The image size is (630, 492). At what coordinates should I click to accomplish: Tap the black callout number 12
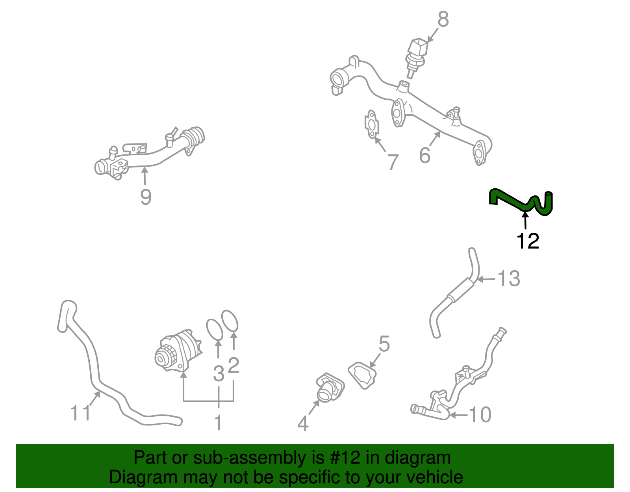pyautogui.click(x=528, y=241)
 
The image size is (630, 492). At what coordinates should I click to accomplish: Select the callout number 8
pyautogui.click(x=443, y=19)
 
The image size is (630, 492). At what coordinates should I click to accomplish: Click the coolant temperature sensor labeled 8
pyautogui.click(x=416, y=57)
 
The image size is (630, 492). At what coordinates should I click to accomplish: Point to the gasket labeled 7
pyautogui.click(x=372, y=124)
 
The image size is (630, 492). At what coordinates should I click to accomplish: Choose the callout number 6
pyautogui.click(x=425, y=155)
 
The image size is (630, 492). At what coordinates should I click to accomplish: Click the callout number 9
pyautogui.click(x=146, y=197)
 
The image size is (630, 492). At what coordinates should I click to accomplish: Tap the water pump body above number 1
pyautogui.click(x=178, y=351)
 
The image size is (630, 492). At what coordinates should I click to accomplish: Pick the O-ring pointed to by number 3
pyautogui.click(x=215, y=330)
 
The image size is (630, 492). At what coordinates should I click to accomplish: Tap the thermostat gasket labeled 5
pyautogui.click(x=362, y=375)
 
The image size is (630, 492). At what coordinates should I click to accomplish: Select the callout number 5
pyautogui.click(x=384, y=344)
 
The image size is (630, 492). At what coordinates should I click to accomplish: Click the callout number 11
pyautogui.click(x=80, y=412)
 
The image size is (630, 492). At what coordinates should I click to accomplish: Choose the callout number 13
pyautogui.click(x=509, y=278)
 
